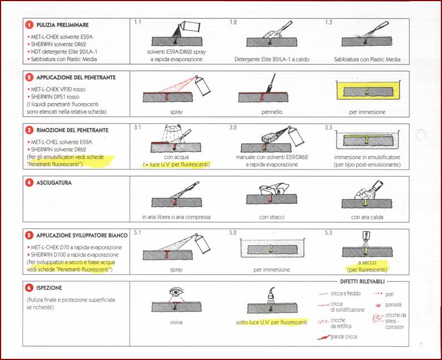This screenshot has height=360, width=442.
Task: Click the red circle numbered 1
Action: point(28,25)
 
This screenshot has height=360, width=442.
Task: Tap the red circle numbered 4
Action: point(28,182)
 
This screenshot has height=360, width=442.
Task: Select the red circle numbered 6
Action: point(28,288)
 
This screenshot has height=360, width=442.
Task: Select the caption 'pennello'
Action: point(270,112)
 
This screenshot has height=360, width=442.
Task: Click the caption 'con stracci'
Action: point(271,217)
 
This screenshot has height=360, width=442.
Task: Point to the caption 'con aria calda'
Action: point(366,217)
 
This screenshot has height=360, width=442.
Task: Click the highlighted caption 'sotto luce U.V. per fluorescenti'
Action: point(271,323)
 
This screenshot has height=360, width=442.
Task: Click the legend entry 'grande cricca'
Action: point(343,337)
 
